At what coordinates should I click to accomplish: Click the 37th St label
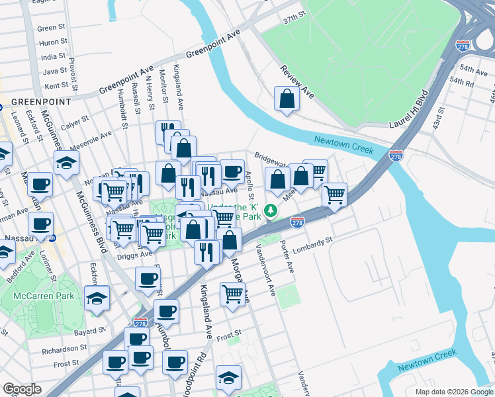[294, 15]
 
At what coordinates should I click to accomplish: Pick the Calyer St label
[75, 122]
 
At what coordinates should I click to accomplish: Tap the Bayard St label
[90, 330]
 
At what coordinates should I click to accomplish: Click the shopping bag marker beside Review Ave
[287, 99]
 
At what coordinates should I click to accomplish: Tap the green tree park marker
[270, 211]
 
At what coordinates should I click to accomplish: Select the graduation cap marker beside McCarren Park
[97, 298]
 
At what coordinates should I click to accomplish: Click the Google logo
[22, 389]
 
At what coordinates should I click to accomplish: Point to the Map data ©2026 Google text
[453, 392]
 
